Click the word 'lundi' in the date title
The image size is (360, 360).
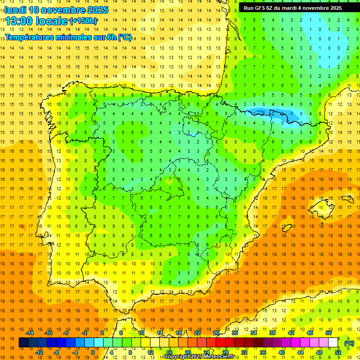pos(15,10)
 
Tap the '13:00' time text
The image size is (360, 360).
pos(19,21)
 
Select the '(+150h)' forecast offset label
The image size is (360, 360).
pos(83,21)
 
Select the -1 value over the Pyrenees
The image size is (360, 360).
pos(291,113)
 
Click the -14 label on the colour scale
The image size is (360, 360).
pos(30,333)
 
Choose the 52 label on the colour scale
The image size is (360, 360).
pos(338,352)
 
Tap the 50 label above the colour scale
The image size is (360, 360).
pos(329,333)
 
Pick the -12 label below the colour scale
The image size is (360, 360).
pos(39,352)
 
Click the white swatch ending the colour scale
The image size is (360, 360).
pos(333,343)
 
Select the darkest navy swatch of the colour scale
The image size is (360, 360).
pos(23,343)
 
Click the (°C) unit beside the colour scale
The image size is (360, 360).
pos(349,343)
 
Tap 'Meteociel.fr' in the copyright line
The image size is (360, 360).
pos(221,357)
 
